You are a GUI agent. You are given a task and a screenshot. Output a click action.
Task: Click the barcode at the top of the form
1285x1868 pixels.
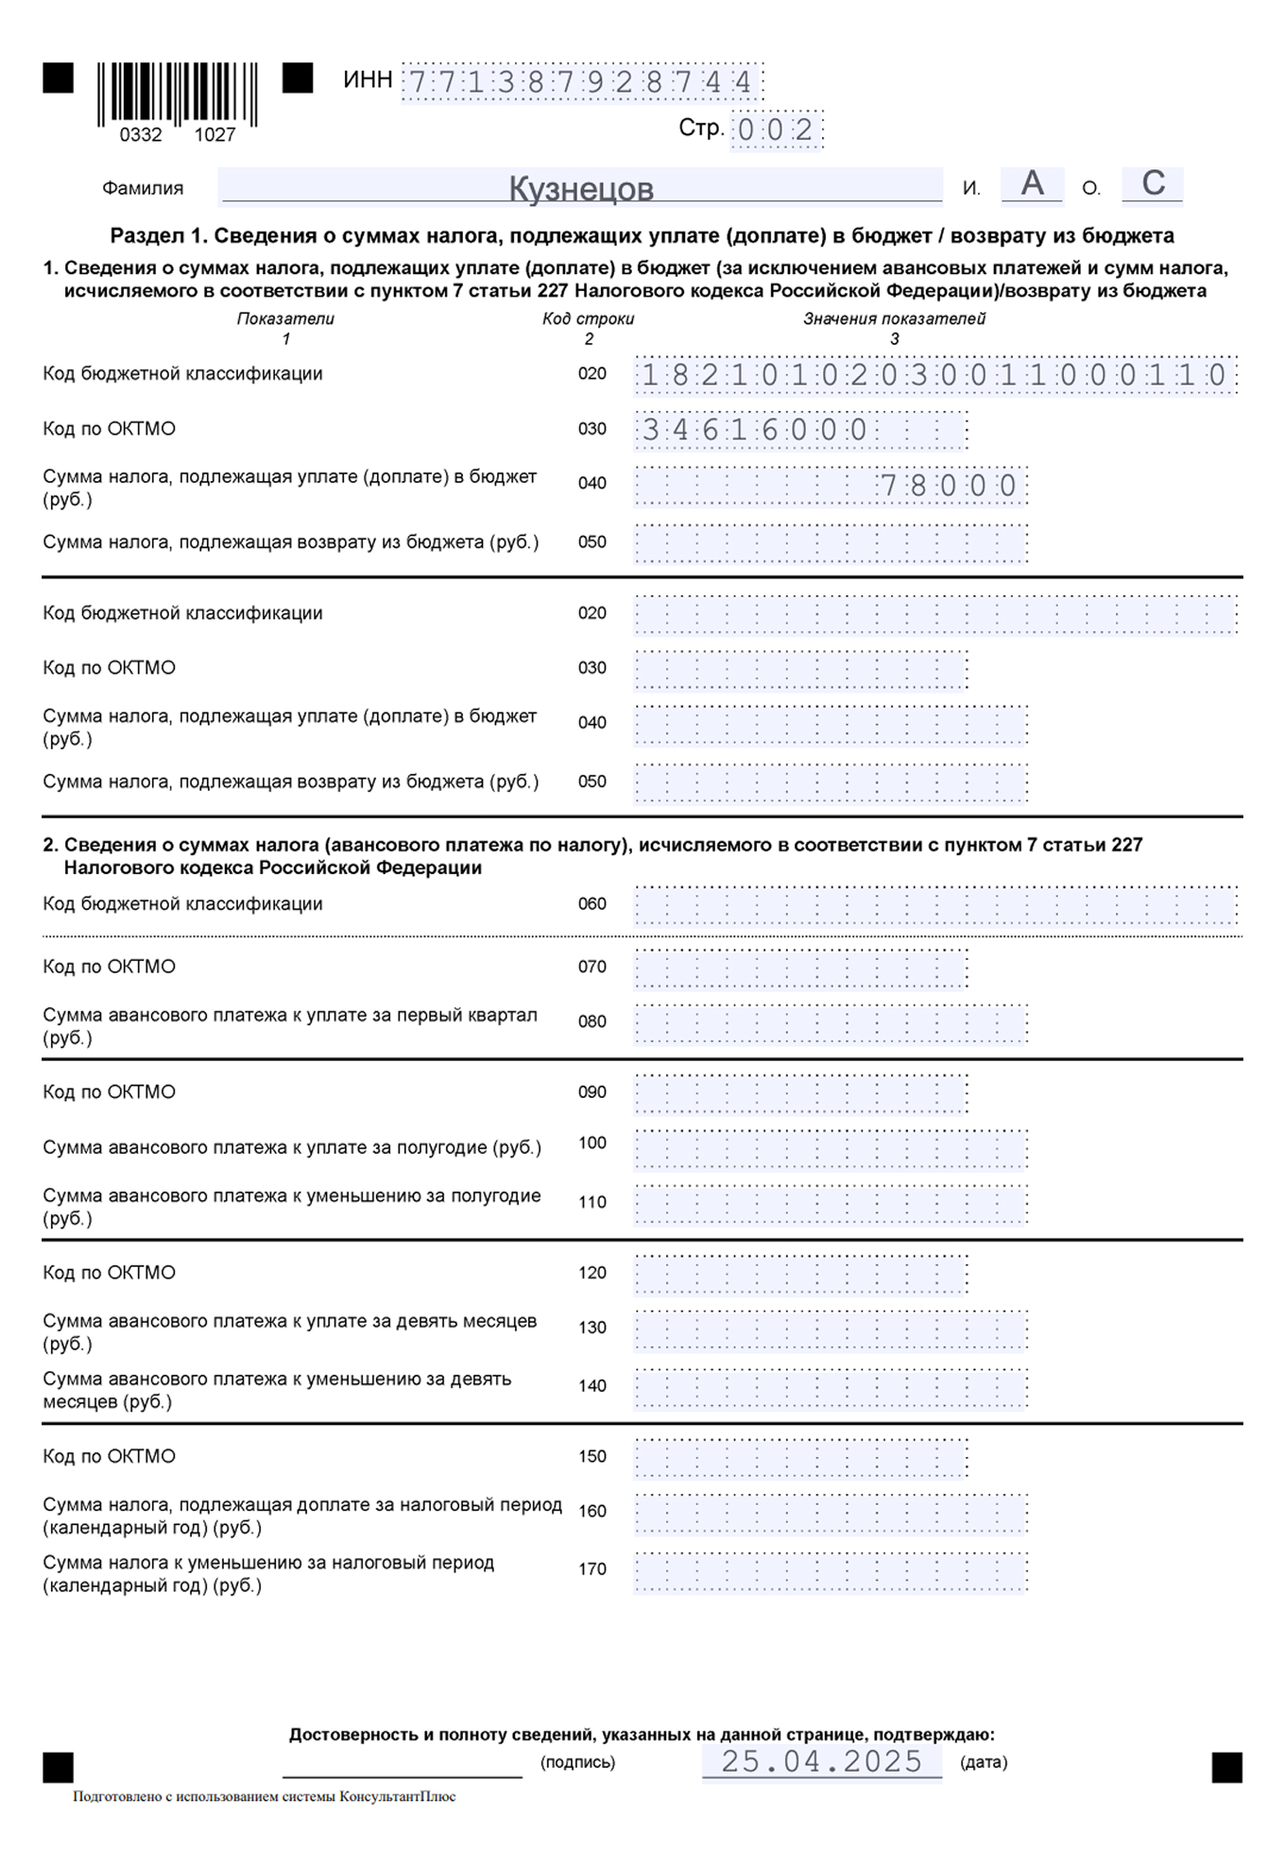(178, 94)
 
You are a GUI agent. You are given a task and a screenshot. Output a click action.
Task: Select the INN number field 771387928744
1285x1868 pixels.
(581, 82)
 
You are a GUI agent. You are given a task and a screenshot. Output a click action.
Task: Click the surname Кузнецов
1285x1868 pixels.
(580, 188)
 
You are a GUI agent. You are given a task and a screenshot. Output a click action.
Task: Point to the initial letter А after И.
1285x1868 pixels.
(1032, 183)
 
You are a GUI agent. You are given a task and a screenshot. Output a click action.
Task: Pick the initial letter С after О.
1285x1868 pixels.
(1153, 183)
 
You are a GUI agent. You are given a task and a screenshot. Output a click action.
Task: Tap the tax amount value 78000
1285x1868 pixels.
(948, 486)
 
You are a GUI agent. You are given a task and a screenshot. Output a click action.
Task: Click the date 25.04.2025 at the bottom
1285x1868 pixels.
(821, 1761)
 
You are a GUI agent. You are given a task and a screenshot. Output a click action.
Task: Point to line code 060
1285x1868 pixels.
(592, 904)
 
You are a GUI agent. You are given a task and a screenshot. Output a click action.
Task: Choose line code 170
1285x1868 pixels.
(592, 1569)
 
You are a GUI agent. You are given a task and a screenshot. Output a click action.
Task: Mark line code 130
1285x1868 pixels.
(592, 1328)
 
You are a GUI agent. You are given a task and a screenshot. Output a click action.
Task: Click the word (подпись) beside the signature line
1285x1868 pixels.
(577, 1762)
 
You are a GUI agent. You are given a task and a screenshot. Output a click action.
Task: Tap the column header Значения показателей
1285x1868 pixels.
(894, 319)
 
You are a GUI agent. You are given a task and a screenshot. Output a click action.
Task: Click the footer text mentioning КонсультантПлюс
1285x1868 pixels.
(265, 1796)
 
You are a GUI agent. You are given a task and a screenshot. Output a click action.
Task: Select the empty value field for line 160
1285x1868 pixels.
(831, 1514)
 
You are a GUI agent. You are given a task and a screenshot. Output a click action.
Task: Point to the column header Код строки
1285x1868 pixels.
(588, 319)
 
